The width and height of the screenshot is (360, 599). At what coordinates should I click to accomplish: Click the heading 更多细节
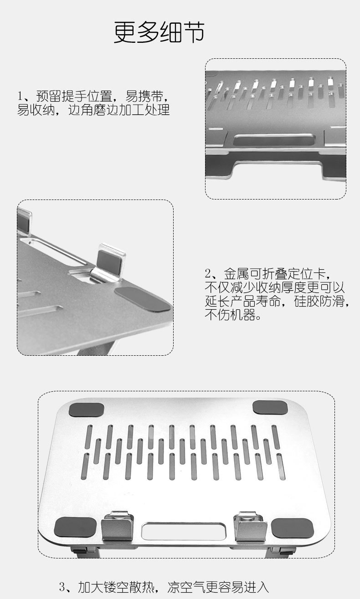coord(159,32)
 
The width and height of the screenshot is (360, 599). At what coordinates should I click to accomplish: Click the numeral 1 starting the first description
coord(20,97)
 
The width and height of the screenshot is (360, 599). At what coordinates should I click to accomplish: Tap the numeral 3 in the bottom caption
coord(62,587)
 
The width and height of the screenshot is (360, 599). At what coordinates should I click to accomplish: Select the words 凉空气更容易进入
coord(218,587)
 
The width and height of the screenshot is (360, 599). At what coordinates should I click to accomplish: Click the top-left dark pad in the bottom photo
coord(87,409)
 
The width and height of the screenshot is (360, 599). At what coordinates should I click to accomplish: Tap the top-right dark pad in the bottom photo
coord(270,407)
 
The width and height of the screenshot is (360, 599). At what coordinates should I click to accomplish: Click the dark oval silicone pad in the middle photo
coord(142,299)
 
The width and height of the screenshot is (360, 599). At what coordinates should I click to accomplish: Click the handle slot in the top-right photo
coord(273,140)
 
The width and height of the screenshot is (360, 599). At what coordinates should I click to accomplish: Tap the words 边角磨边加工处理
coord(119,110)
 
